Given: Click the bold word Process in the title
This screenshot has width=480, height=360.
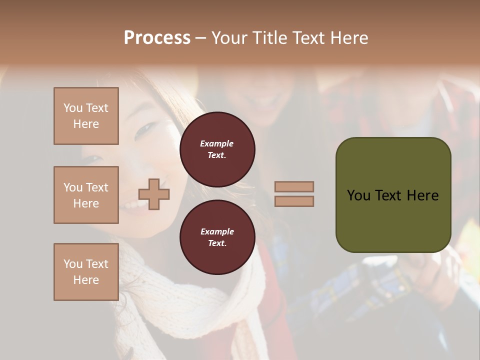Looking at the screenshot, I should tap(157, 38).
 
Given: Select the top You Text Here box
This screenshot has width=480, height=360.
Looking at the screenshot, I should tap(86, 116).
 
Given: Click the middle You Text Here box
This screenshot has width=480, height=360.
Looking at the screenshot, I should tap(86, 195).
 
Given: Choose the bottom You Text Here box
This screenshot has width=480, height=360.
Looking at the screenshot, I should tap(86, 271).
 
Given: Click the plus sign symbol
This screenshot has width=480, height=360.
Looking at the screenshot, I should tap(154, 194).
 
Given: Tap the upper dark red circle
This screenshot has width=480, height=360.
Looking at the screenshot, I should tap(217, 149).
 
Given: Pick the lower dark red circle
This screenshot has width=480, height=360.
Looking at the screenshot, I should tap(217, 237).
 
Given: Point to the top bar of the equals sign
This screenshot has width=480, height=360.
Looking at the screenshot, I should tap(294, 186).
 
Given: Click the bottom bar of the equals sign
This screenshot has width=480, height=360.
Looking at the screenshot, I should tap(294, 201).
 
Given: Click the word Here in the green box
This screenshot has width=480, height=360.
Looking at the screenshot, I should tap(422, 195).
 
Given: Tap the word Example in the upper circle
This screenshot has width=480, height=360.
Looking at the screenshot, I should tap(216, 144).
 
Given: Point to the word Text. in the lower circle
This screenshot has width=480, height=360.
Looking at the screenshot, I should tap(216, 243).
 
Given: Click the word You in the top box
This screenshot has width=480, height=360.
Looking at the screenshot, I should tap(72, 108).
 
